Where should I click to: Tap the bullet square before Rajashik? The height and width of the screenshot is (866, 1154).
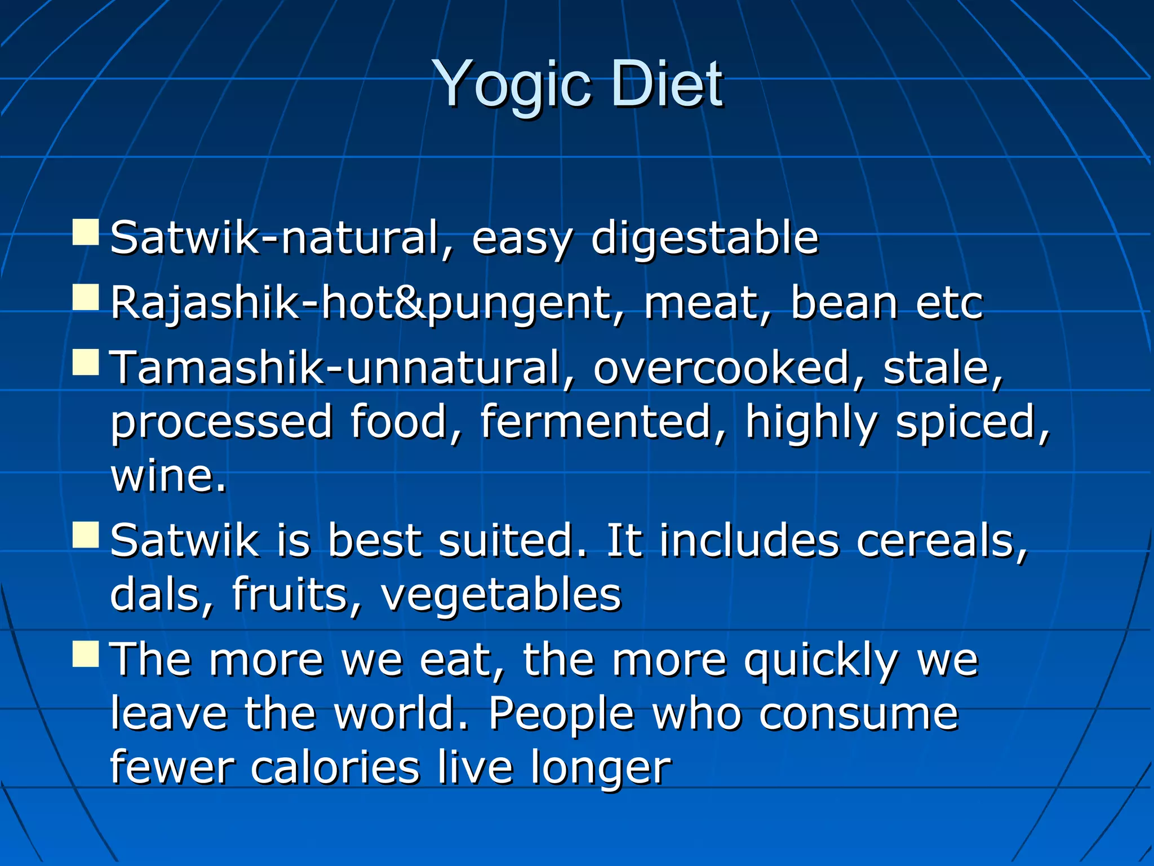86,298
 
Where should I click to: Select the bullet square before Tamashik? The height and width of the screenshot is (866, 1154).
86,362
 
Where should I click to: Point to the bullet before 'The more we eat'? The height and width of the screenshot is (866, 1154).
86,654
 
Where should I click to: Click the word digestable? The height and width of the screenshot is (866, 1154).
704,238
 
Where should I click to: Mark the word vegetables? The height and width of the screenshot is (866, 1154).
501,595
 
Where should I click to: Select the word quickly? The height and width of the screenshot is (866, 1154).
820,661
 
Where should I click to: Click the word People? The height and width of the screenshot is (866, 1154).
561,714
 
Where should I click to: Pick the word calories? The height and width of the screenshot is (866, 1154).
335,768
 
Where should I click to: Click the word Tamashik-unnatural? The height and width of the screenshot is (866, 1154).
336,368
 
